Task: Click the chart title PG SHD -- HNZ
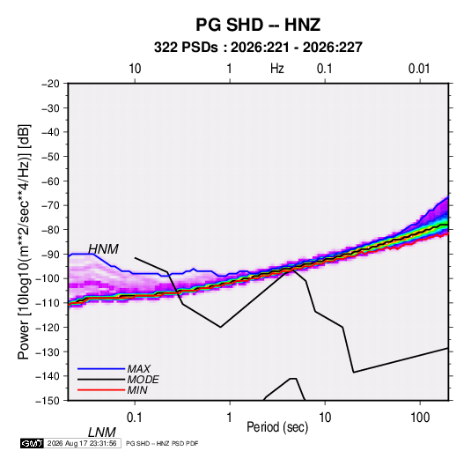[x=258, y=25]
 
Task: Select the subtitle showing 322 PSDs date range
[x=258, y=48]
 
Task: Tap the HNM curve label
[x=103, y=249]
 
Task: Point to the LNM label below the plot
[x=101, y=433]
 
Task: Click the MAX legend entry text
[x=138, y=368]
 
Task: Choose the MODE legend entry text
[x=143, y=380]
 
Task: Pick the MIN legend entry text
[x=137, y=390]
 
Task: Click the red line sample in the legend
[x=101, y=390]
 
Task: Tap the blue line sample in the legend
[x=101, y=368]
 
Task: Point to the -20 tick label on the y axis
[x=50, y=84]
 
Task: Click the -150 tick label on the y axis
[x=48, y=401]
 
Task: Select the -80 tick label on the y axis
[x=50, y=230]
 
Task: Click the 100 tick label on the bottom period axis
[x=420, y=418]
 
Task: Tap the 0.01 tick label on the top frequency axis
[x=419, y=69]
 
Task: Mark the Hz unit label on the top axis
[x=277, y=69]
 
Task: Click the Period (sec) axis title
[x=277, y=427]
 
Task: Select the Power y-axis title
[x=24, y=241]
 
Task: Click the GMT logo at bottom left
[x=32, y=443]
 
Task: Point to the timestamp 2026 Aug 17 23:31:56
[x=82, y=443]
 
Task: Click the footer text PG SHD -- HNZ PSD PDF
[x=162, y=443]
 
